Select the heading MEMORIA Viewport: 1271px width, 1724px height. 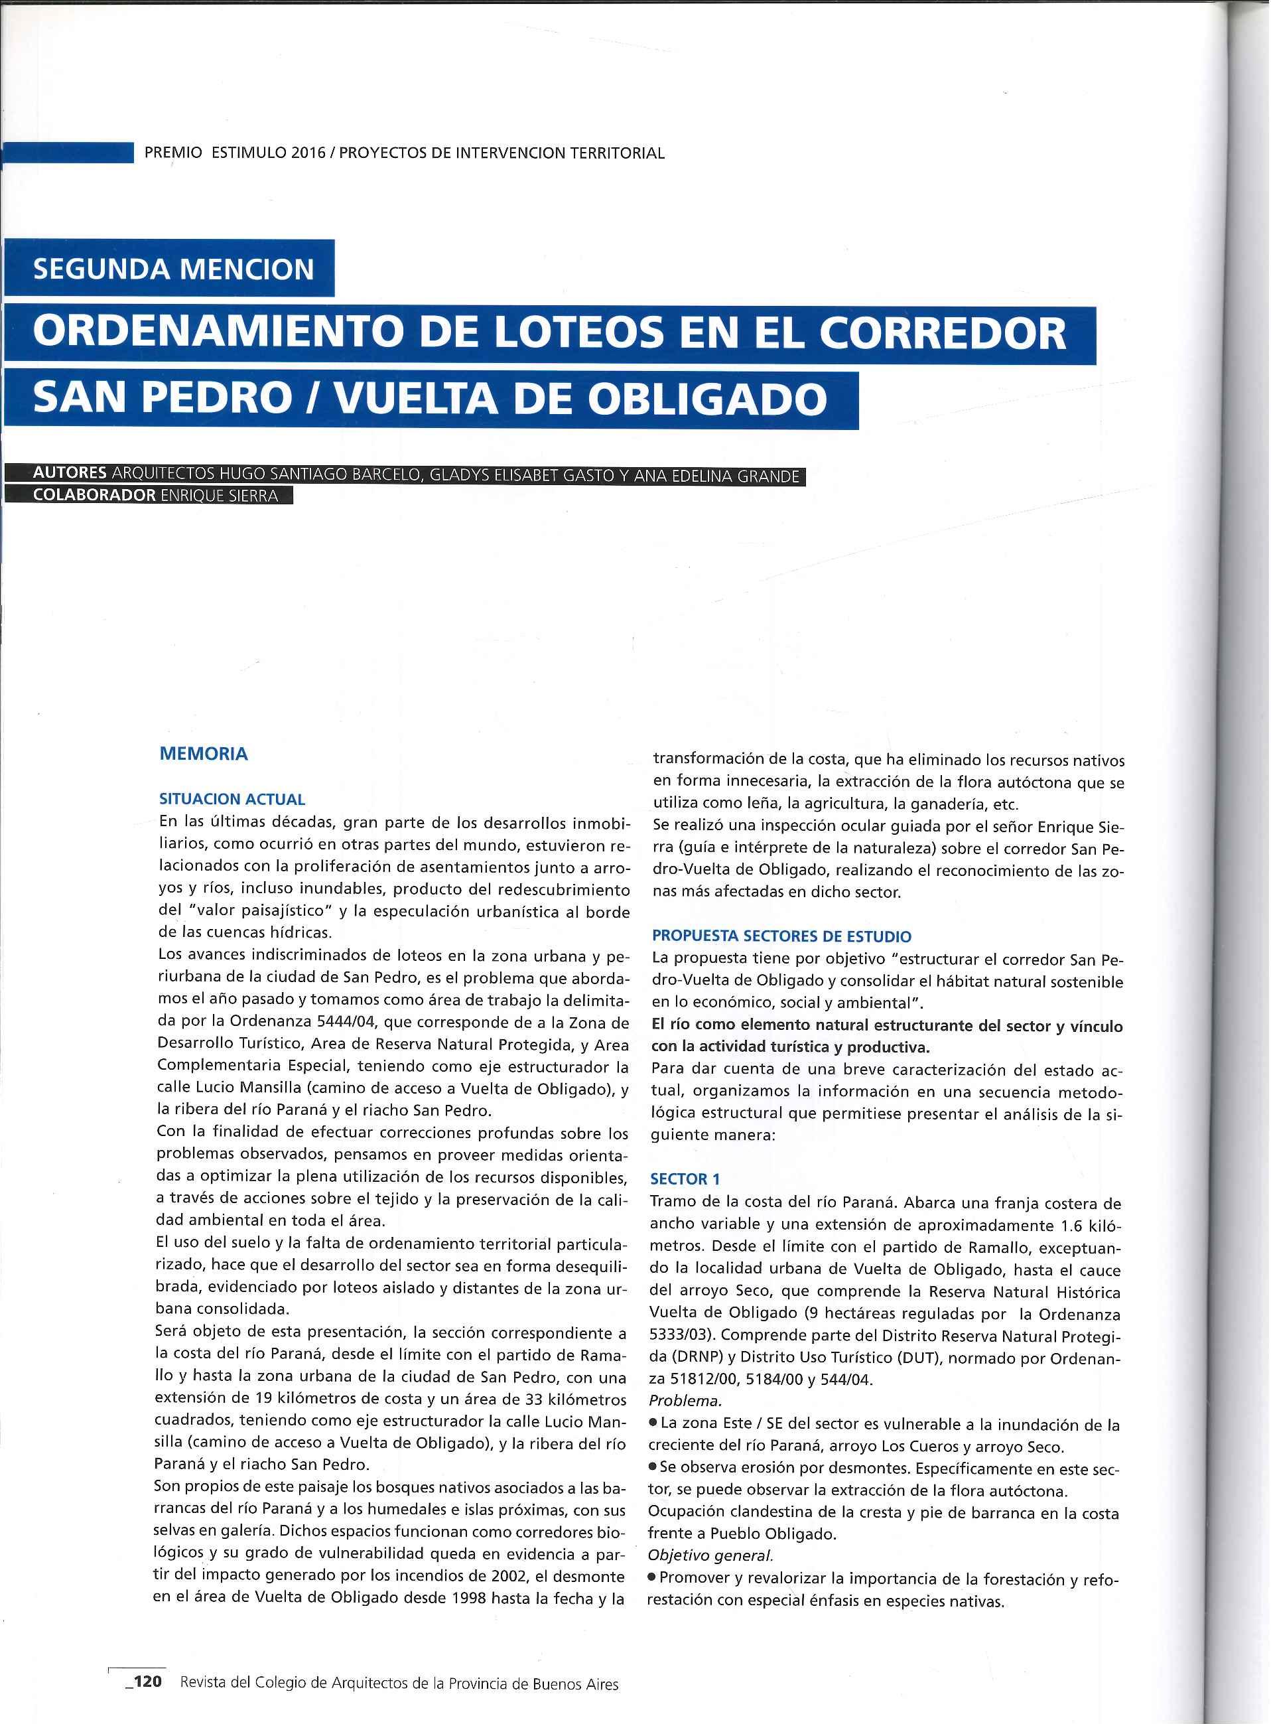(x=203, y=753)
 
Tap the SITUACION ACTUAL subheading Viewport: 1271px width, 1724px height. (x=232, y=799)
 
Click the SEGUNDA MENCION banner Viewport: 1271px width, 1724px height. (x=173, y=269)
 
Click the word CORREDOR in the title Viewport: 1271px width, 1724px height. (x=942, y=333)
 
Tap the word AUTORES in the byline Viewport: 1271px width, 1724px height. (x=69, y=473)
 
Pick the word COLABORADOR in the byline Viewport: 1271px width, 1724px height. (x=94, y=495)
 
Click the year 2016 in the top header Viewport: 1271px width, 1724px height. (x=307, y=153)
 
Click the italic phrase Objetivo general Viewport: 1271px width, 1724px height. (x=709, y=1555)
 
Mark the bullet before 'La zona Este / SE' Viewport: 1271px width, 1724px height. (x=653, y=1423)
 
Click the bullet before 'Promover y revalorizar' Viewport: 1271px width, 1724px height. (x=653, y=1578)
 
